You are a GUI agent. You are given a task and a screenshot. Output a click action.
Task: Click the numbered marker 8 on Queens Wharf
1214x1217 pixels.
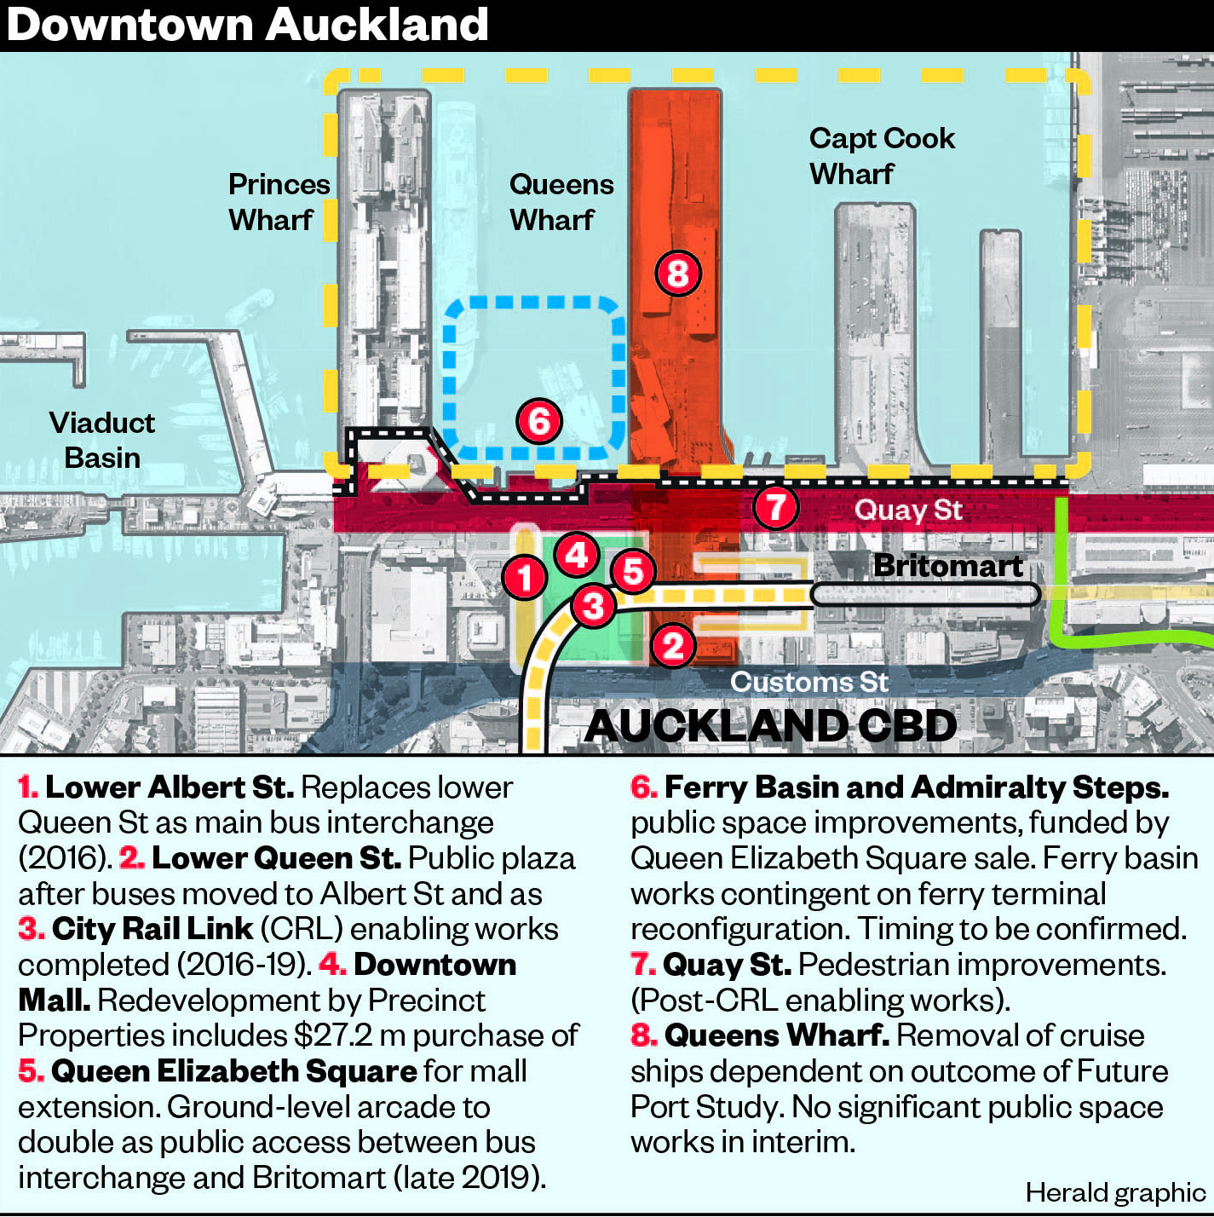[x=678, y=274]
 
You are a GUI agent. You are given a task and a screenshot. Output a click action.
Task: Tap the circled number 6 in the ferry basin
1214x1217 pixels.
[x=539, y=421]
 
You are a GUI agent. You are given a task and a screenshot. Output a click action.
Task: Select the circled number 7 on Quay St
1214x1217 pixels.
[x=775, y=506]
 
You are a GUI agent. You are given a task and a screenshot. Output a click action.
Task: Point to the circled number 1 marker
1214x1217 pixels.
[x=525, y=577]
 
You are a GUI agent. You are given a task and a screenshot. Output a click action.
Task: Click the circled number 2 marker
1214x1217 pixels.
[x=673, y=645]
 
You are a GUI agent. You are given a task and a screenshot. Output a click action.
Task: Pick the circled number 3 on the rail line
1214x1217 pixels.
[x=593, y=606]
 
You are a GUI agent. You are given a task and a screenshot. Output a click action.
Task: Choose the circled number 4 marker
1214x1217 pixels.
[x=577, y=555]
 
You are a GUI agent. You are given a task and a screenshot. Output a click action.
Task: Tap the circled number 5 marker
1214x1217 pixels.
[x=634, y=571]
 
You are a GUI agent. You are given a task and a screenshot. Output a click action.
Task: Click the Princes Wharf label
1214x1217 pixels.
[x=279, y=202]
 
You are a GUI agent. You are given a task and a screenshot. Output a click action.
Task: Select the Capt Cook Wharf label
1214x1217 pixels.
[x=882, y=156]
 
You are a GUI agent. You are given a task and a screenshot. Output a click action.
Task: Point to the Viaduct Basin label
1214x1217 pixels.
[x=102, y=441]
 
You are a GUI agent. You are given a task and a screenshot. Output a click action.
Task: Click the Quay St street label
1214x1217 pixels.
[x=908, y=510]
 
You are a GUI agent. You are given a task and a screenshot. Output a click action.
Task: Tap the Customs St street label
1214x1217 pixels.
[x=809, y=682]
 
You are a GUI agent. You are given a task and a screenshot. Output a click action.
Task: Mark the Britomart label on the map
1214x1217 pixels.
[x=947, y=566]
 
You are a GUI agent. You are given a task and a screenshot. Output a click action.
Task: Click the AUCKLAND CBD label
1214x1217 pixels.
[x=771, y=725]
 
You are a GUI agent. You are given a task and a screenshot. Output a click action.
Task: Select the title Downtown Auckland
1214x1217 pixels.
[x=248, y=26]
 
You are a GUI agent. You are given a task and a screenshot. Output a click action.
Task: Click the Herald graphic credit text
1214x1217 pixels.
[x=1115, y=1192]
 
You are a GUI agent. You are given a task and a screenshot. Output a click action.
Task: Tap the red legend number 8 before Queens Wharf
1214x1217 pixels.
[x=644, y=1035]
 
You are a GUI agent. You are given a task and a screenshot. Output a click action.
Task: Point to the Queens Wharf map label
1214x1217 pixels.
[x=561, y=202]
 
